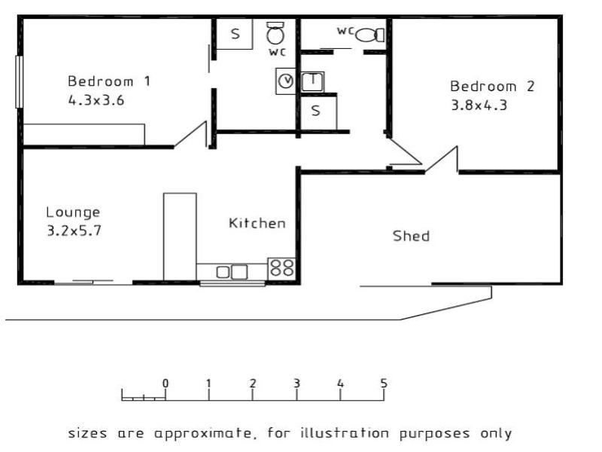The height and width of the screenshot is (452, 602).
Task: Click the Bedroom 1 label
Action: coord(109,81)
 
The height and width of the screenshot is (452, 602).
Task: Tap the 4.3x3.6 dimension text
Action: coord(96,100)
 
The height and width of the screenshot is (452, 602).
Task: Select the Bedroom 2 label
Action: coord(492,86)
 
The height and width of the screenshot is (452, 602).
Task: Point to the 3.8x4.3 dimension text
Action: coord(479,105)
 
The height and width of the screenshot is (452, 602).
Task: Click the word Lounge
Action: coord(73,212)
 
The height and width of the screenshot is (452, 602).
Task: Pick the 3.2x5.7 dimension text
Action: coord(74,231)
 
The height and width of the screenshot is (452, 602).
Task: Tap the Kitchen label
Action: coord(257,223)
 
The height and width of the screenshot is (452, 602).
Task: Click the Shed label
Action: coord(411,236)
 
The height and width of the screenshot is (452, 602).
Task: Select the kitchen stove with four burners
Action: coord(281,267)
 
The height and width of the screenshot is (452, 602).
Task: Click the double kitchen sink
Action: coord(232,272)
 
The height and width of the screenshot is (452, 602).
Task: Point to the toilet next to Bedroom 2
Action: coord(369,35)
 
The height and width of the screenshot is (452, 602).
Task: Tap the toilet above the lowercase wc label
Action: coord(275,33)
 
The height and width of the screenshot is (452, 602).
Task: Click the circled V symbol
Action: coord(286,81)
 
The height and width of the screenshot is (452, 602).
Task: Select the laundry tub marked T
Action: coord(312,81)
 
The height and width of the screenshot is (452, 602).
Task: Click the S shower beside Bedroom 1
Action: coord(235,34)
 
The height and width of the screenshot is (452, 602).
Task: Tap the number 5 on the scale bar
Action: coord(384,383)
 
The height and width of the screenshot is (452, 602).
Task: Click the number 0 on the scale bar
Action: coord(166,383)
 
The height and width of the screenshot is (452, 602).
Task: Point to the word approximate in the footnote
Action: coord(203,434)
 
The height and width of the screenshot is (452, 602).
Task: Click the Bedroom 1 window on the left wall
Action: coord(19,82)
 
